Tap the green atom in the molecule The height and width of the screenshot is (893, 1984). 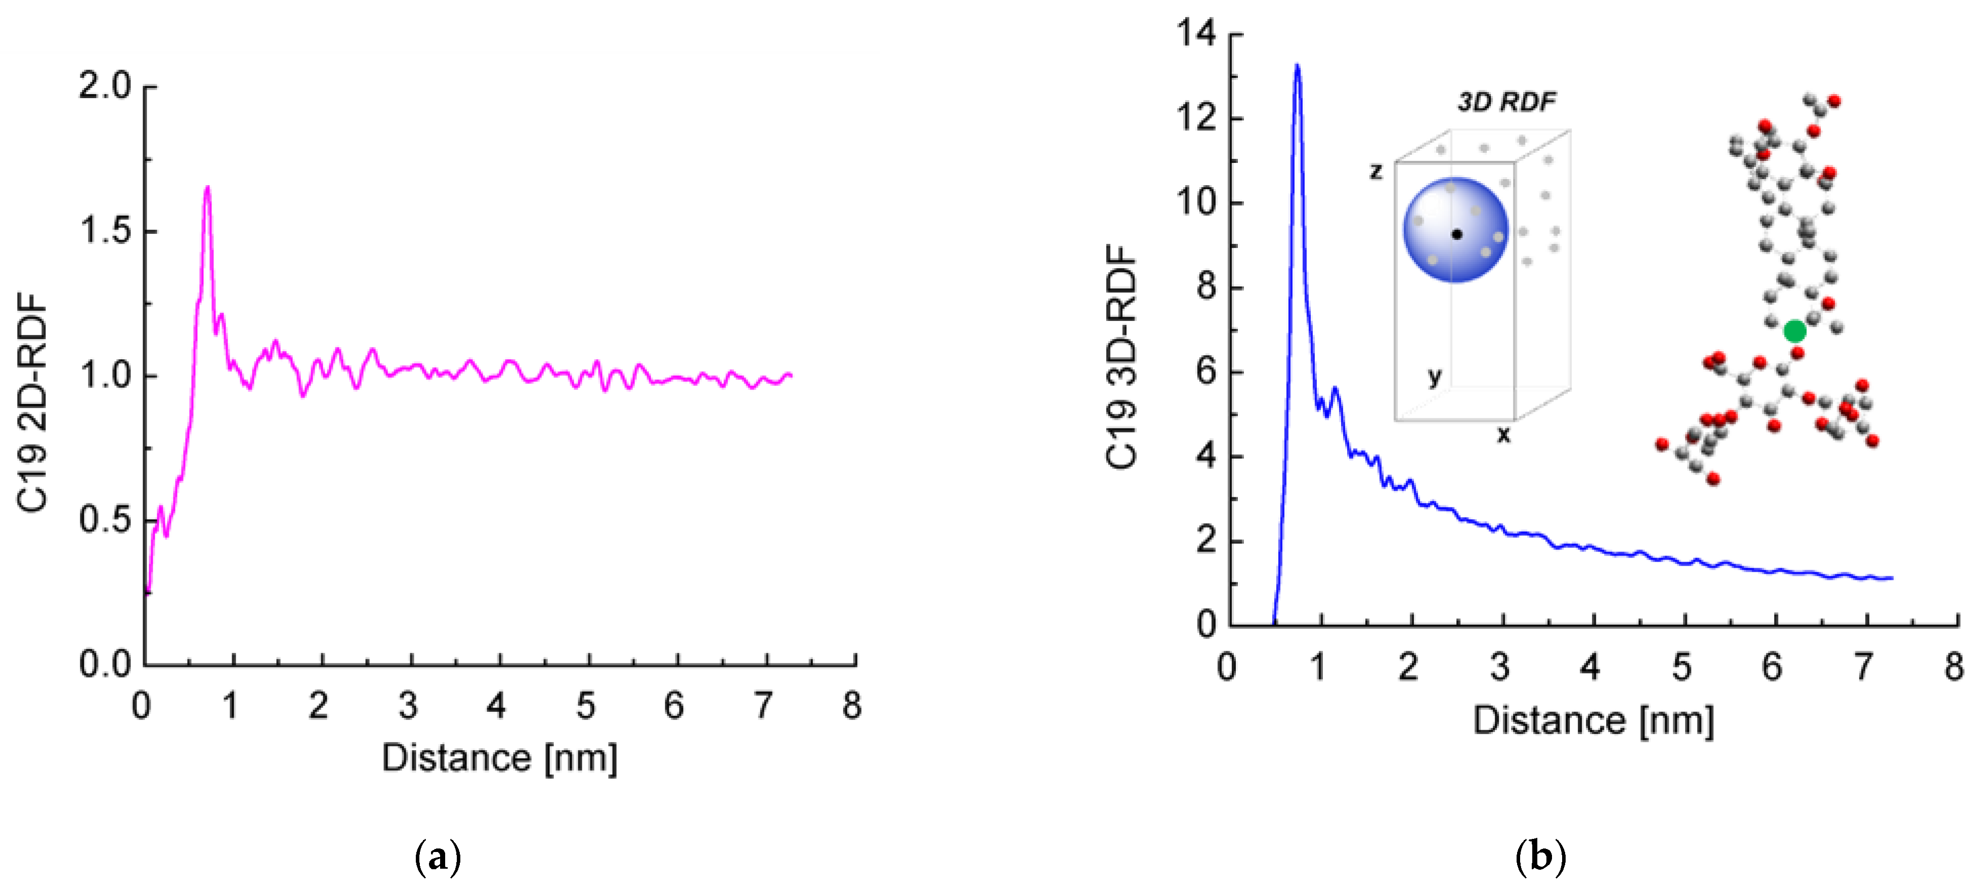1794,331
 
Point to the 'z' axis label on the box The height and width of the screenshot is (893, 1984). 1376,171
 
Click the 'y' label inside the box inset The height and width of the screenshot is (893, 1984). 1434,376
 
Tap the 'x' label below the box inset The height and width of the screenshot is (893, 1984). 1503,435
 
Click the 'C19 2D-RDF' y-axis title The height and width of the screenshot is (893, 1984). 32,402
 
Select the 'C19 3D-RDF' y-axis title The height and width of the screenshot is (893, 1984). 1122,357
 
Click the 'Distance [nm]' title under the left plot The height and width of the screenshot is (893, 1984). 499,758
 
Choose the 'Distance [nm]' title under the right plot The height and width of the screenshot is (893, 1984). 1593,721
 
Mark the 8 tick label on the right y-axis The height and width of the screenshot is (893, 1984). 1206,287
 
